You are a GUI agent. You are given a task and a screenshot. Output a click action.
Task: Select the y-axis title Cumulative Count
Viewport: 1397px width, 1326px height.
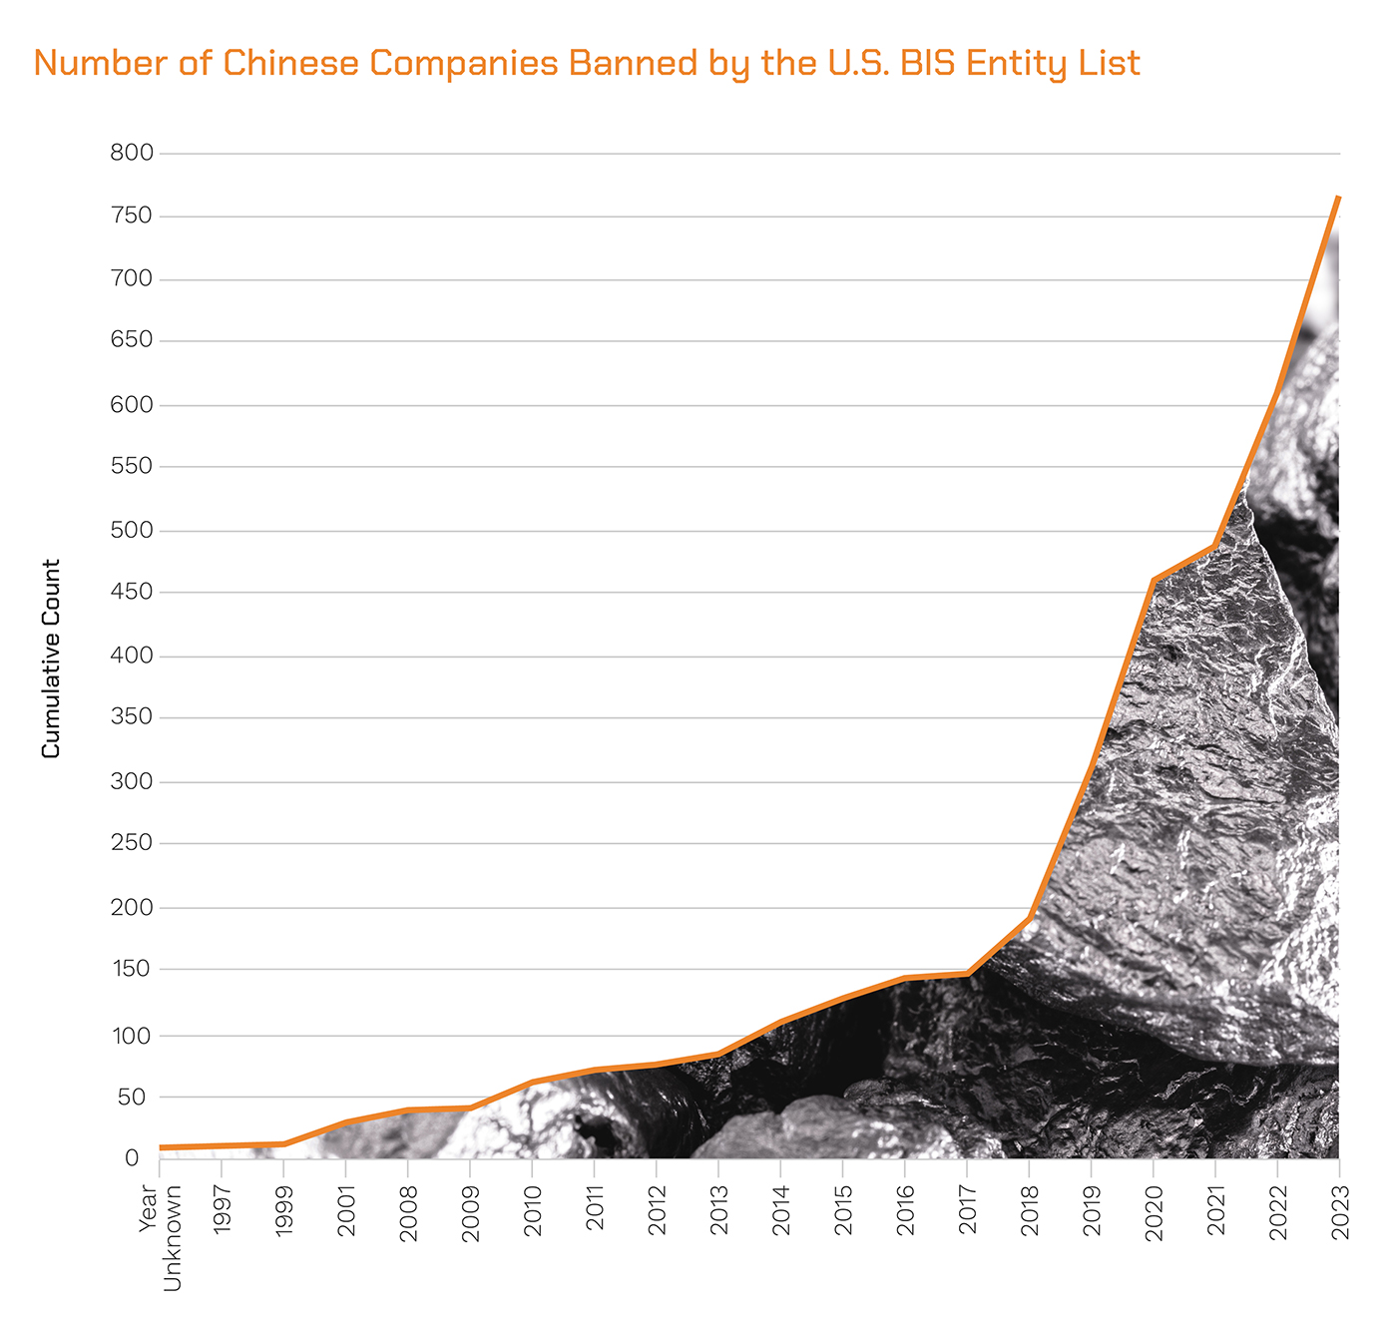[51, 659]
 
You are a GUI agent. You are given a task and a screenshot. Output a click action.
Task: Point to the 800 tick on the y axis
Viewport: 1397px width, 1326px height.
[133, 153]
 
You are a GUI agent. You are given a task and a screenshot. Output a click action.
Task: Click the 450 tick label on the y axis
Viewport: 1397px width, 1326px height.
[133, 592]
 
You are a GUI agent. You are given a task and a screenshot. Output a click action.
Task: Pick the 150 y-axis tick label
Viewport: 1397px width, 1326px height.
[133, 969]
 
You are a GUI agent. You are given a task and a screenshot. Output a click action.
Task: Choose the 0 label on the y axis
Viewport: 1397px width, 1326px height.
[132, 1157]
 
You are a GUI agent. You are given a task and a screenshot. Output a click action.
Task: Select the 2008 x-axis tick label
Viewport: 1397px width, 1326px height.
[408, 1213]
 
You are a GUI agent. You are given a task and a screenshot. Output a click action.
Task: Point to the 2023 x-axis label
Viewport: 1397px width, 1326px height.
[1340, 1212]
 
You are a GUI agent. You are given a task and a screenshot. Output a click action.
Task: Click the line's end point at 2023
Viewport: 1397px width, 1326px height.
[1338, 198]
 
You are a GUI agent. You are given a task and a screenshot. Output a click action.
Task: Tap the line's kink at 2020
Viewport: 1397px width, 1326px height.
[1154, 581]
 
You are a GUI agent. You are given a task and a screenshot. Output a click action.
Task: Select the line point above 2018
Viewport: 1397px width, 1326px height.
[1029, 917]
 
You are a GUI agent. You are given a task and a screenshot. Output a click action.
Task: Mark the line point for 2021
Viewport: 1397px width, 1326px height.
[1215, 546]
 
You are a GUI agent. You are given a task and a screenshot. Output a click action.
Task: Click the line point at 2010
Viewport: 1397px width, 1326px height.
[532, 1082]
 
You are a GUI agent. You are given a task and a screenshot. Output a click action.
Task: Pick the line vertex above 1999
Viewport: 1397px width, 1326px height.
[284, 1143]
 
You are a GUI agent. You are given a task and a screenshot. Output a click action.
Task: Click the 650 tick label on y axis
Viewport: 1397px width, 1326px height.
[133, 340]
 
